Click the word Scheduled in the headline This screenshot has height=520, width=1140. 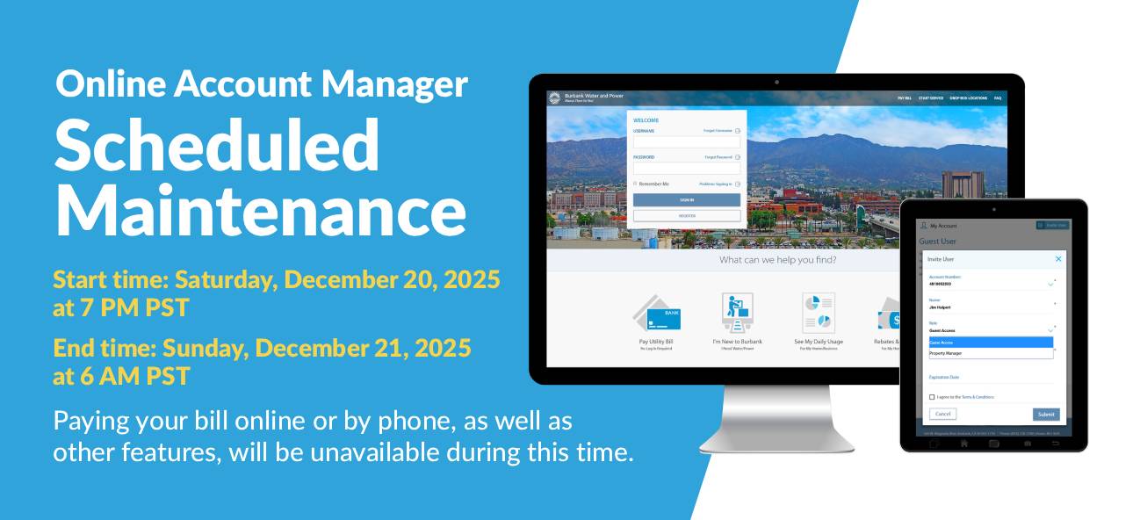tap(217, 145)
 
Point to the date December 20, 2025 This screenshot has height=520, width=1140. tap(392, 280)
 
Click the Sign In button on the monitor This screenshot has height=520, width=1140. tap(686, 200)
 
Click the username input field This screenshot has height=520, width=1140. tap(686, 141)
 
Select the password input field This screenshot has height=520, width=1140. tap(686, 168)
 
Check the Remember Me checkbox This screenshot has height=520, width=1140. tap(635, 184)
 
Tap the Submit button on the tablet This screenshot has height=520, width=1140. tap(1045, 414)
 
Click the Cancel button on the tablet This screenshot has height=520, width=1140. tap(942, 414)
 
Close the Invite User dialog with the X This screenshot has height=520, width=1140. tap(1058, 259)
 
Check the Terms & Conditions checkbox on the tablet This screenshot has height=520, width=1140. tap(932, 397)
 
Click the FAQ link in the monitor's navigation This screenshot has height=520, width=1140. tap(998, 98)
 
